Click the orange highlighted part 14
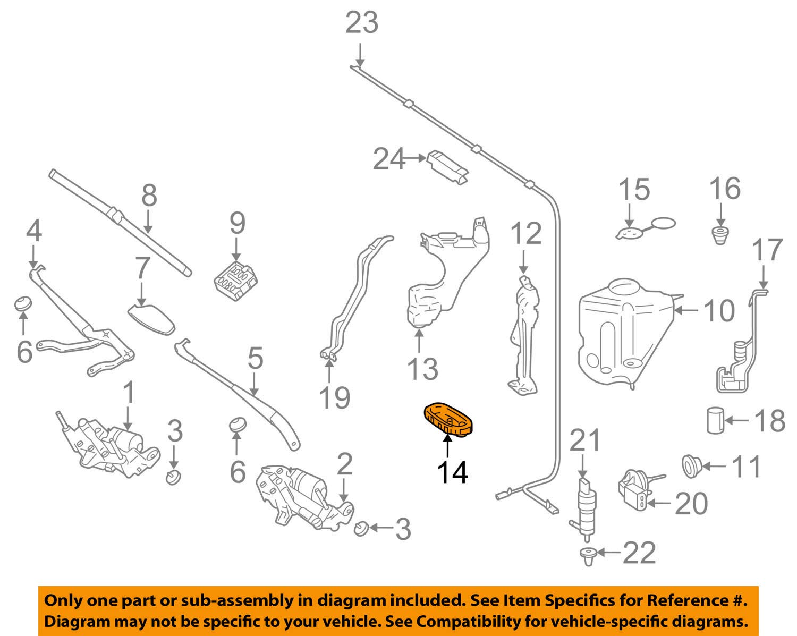point(448,419)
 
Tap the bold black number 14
point(452,473)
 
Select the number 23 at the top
point(362,23)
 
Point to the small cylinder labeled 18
point(715,420)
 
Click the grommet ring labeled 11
point(692,467)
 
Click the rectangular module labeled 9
point(236,281)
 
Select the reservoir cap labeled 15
point(646,228)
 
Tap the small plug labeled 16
point(720,236)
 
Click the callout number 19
point(334,397)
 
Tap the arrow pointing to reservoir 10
point(686,310)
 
